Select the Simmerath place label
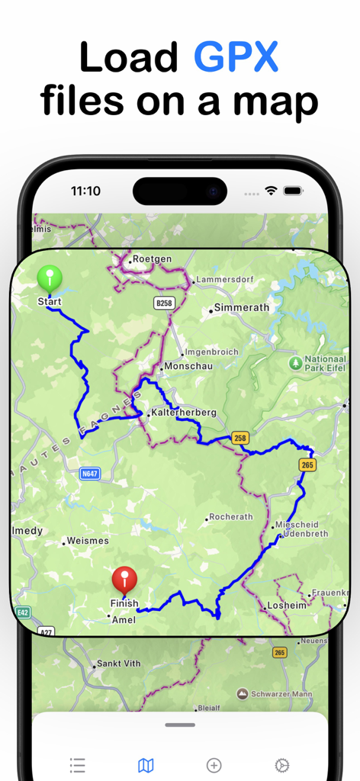[x=242, y=307]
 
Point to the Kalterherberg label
[x=184, y=413]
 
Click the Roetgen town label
[x=152, y=259]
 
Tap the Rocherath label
[x=230, y=517]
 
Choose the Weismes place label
[x=88, y=541]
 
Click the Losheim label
[x=286, y=606]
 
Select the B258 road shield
[x=163, y=304]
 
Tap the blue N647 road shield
[x=90, y=474]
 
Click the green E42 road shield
[x=22, y=612]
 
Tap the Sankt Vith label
[x=118, y=664]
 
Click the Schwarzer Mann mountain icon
[x=242, y=693]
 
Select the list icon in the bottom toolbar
[x=77, y=765]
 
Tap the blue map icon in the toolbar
[x=146, y=765]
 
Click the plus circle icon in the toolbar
[x=214, y=765]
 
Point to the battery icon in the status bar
[x=293, y=190]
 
